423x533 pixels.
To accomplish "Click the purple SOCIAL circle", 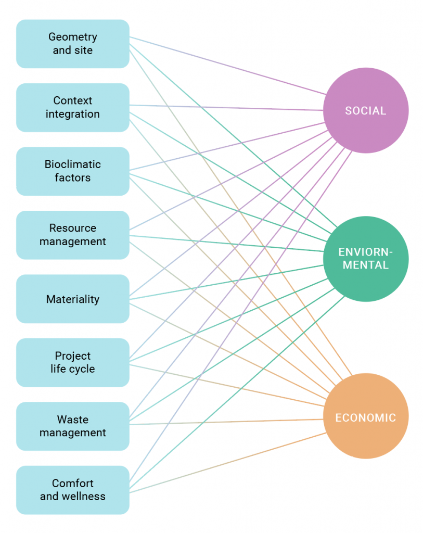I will [x=366, y=110].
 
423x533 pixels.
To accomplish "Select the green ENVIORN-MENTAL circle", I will [x=366, y=259].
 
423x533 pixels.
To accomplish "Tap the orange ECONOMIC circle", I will [x=366, y=417].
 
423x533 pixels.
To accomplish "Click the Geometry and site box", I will [x=73, y=44].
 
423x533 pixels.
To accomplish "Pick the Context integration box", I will [x=73, y=107].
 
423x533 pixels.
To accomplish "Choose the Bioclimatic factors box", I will [x=73, y=171].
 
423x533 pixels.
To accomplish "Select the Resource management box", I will [x=73, y=235].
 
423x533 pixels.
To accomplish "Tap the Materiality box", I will [x=73, y=299].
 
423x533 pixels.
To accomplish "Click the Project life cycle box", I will [x=73, y=362].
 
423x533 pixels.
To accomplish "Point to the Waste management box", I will [x=73, y=426].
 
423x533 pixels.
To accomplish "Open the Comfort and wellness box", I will [x=73, y=490].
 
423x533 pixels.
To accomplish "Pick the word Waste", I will [x=73, y=420].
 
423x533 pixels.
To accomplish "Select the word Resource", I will [x=73, y=228].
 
